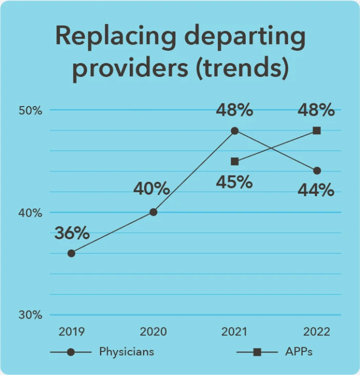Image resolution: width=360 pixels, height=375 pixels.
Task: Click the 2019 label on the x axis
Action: [x=71, y=331]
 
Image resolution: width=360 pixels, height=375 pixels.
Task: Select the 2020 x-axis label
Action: [x=153, y=331]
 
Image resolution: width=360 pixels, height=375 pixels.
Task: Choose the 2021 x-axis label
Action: [x=234, y=331]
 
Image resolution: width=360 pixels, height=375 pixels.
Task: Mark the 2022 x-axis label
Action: [x=316, y=331]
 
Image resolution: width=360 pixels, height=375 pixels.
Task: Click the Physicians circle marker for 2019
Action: [x=71, y=253]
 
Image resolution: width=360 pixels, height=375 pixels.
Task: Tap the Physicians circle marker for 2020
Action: [x=153, y=212]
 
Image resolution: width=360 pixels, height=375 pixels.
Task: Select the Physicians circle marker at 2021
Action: [x=235, y=131]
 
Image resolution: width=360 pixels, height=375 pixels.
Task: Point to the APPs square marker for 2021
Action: [x=235, y=161]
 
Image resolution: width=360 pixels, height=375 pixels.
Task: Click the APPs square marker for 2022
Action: [x=317, y=131]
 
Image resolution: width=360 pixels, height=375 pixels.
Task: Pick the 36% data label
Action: [x=72, y=233]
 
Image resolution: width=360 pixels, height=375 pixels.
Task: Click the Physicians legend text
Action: [x=126, y=352]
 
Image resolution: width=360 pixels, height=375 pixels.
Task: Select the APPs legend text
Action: [x=298, y=352]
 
